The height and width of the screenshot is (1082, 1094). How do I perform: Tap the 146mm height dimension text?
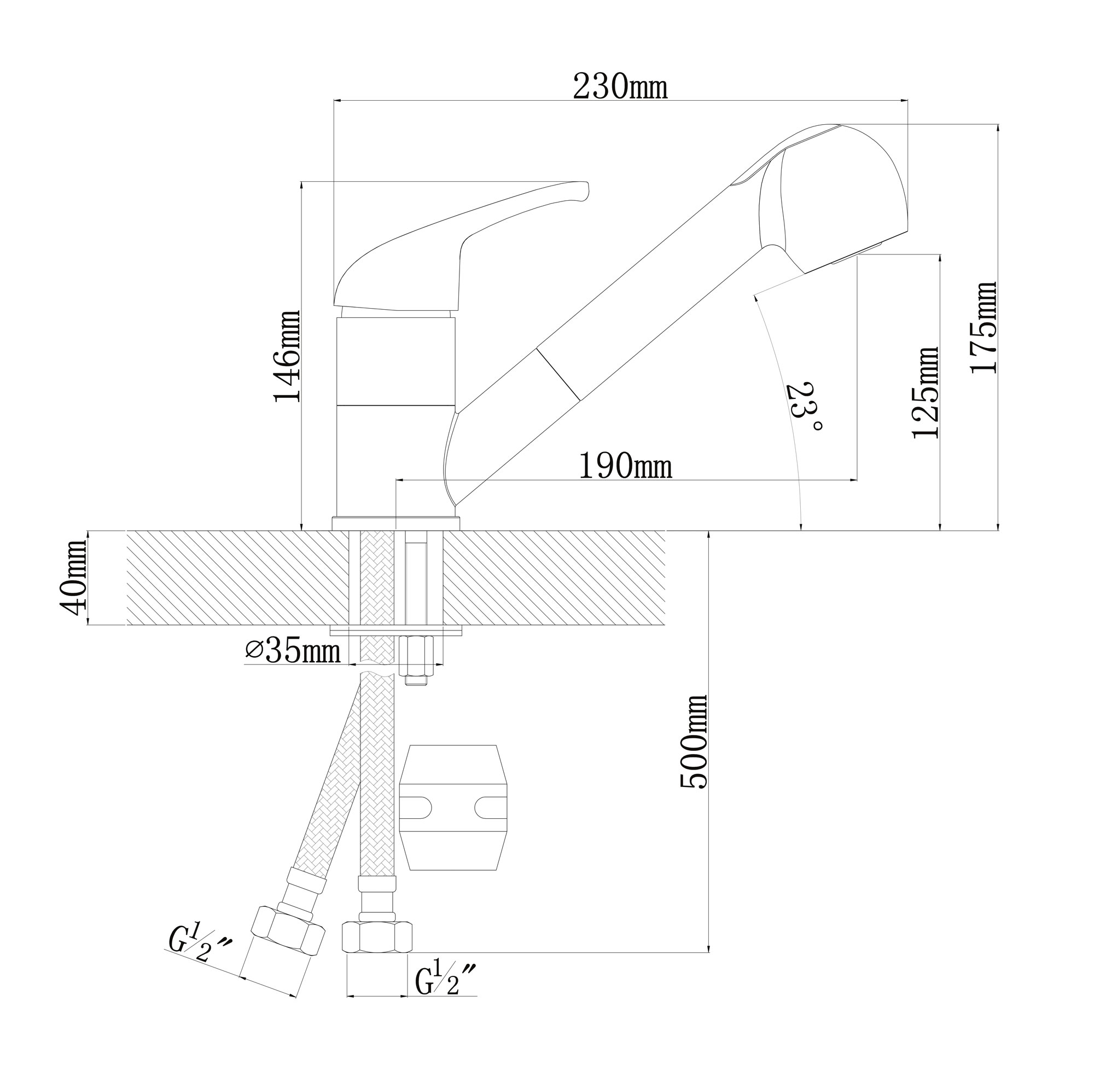pos(288,356)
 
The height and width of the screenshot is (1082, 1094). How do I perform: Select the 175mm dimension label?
pos(984,327)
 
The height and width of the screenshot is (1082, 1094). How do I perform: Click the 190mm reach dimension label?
pos(625,467)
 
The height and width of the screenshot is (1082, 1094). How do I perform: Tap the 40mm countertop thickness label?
pos(74,578)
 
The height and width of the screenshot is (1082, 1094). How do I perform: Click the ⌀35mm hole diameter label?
pos(293,651)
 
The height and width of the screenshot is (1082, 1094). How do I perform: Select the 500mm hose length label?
pos(694,742)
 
